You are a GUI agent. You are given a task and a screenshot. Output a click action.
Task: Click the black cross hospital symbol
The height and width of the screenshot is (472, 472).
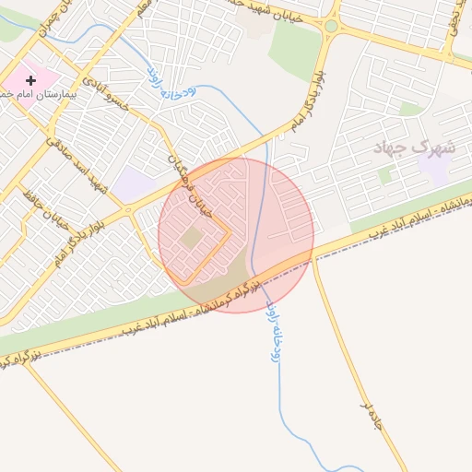[30, 81]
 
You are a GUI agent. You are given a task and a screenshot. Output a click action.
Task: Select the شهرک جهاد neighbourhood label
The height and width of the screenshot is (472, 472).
[416, 147]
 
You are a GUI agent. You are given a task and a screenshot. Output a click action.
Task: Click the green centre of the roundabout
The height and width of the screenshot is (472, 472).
[331, 26]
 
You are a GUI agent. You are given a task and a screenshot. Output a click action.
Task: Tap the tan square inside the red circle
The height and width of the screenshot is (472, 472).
[192, 238]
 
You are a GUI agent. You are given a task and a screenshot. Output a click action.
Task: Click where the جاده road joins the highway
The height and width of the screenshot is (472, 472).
[314, 259]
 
